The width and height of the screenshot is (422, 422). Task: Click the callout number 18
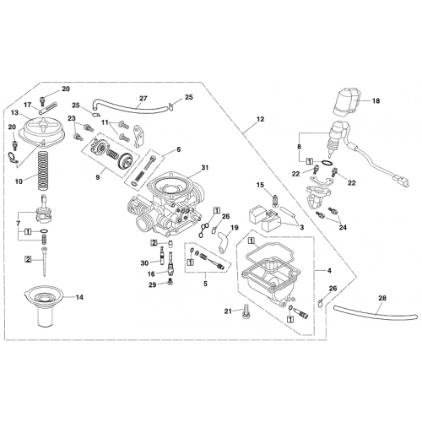click(x=376, y=100)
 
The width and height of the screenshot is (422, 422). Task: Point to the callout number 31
click(x=204, y=167)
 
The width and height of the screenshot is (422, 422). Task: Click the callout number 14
click(x=79, y=298)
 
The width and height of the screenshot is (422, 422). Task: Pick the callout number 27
click(x=143, y=98)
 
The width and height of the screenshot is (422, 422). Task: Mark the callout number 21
click(x=227, y=311)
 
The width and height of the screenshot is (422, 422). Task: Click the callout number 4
click(x=328, y=271)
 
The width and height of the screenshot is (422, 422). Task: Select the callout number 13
click(x=14, y=111)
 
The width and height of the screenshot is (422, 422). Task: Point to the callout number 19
click(x=235, y=229)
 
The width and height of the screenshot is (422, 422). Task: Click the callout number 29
click(x=152, y=286)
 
